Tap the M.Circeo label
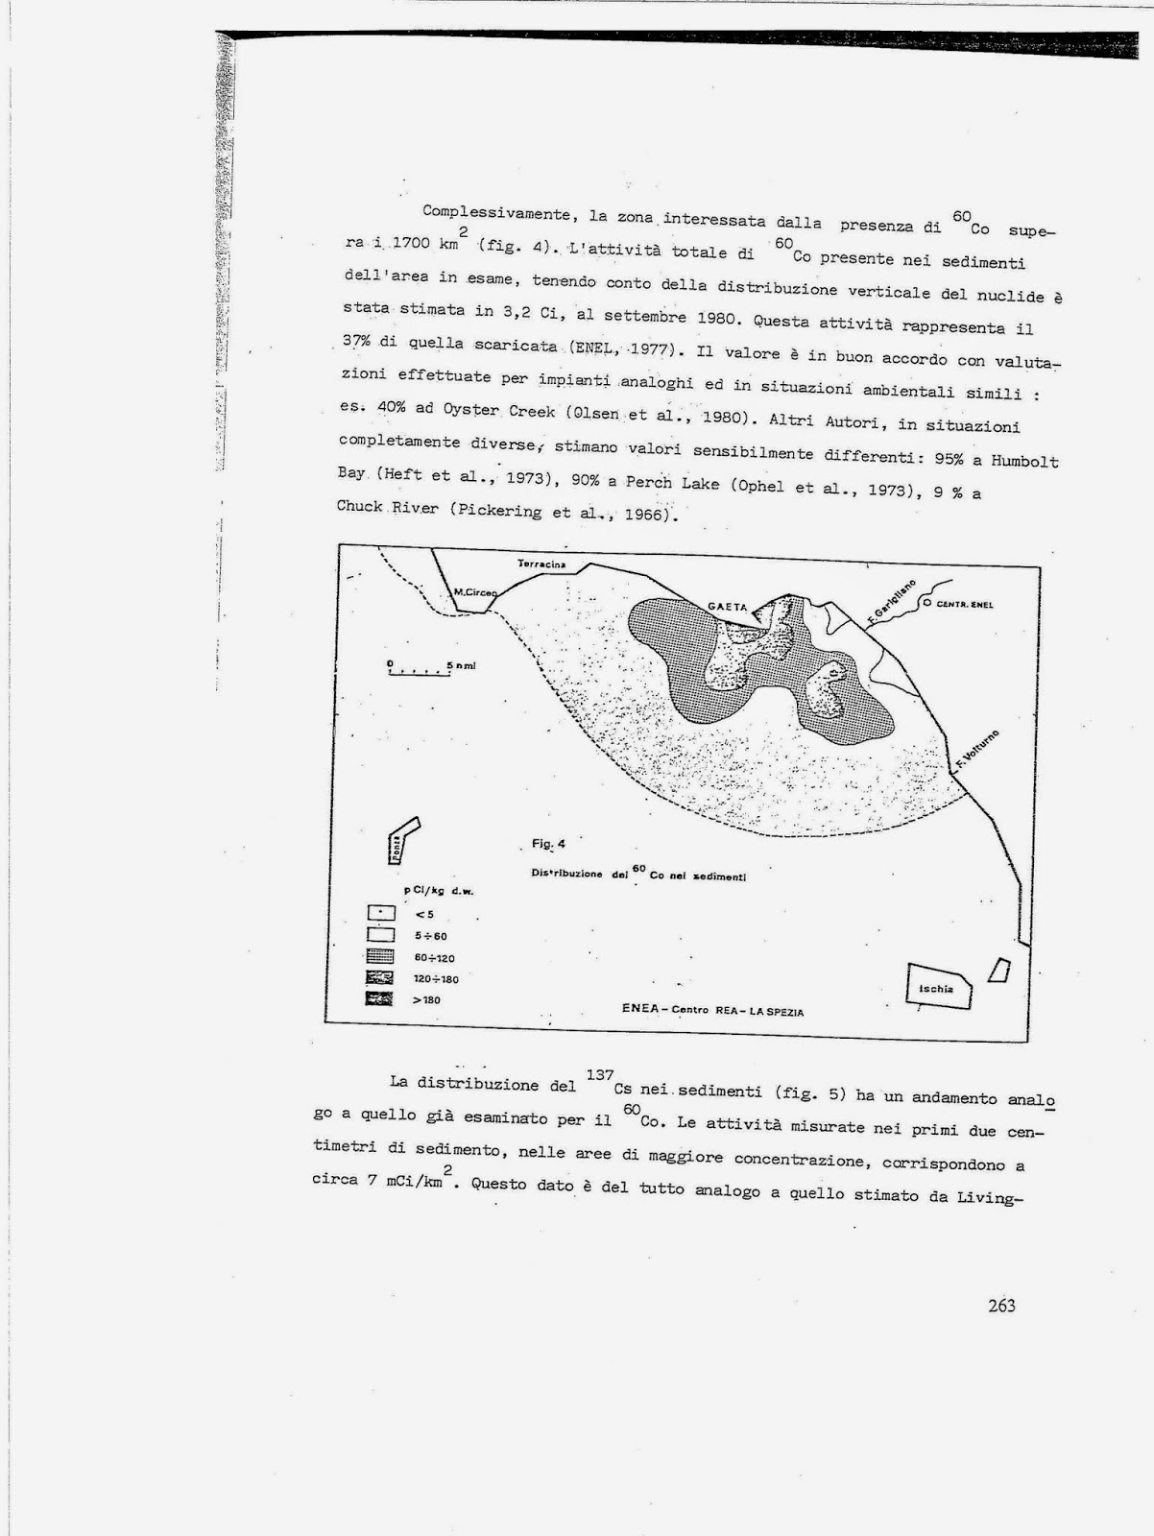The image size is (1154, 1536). [475, 592]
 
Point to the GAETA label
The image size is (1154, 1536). [727, 607]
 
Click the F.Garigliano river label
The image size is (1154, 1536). [891, 602]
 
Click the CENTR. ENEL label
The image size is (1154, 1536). [965, 605]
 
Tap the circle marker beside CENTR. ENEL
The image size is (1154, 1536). [926, 604]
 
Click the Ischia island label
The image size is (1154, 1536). [935, 988]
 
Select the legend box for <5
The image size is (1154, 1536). [381, 913]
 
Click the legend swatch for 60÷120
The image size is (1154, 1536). [381, 956]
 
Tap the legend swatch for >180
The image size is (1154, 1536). [381, 999]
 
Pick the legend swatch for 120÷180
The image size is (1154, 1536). [381, 978]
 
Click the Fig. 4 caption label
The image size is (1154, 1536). [548, 844]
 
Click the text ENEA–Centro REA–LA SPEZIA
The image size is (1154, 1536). [712, 1010]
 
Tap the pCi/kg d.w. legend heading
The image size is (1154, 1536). [439, 891]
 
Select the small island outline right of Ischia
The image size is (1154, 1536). [1000, 970]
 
